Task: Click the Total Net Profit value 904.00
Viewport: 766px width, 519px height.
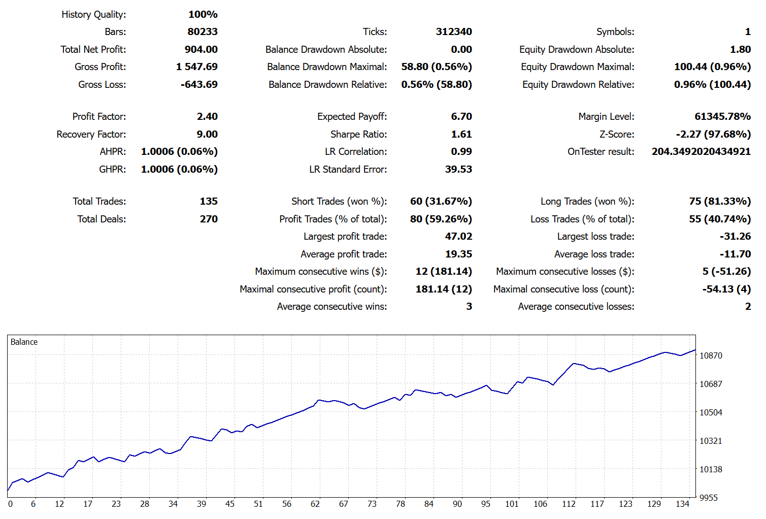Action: (201, 49)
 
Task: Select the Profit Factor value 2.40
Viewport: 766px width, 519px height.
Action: (207, 116)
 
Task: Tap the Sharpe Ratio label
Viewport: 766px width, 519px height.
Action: (358, 134)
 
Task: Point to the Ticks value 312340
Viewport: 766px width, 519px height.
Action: (454, 31)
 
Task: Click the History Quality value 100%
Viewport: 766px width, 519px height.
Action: (203, 14)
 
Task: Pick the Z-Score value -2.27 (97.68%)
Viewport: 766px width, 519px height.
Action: (713, 134)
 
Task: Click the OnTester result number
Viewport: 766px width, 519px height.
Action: (701, 151)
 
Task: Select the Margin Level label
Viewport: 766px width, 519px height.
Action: (606, 116)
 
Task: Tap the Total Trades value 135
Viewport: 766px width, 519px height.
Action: (209, 201)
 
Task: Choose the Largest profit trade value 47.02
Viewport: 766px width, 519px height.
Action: (458, 236)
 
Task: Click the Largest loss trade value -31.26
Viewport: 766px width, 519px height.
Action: (735, 236)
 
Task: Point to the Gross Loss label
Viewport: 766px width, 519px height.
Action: (102, 84)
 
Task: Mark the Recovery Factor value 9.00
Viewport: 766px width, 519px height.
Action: (207, 134)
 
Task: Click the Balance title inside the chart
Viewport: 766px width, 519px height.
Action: (24, 342)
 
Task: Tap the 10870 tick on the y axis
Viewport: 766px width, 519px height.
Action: (711, 355)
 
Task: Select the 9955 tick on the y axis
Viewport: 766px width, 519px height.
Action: (709, 498)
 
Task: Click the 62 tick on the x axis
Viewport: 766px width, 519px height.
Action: (315, 504)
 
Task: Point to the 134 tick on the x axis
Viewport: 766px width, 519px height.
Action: (682, 504)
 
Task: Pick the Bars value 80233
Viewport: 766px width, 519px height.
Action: (203, 31)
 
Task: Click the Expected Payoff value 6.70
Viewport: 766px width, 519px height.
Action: (461, 116)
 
